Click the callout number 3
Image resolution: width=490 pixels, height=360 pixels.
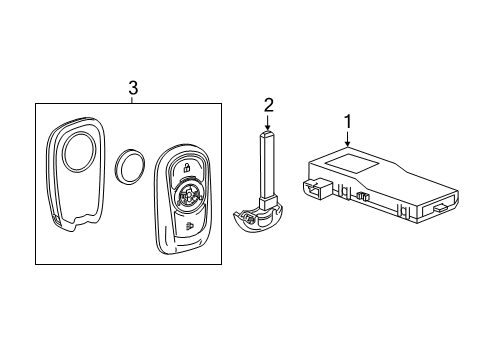(133, 89)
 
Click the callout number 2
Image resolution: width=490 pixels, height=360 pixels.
(268, 104)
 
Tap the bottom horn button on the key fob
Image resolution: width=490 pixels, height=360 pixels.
(189, 228)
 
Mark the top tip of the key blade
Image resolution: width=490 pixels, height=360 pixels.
(268, 131)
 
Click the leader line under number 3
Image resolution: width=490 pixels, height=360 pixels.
(133, 100)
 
